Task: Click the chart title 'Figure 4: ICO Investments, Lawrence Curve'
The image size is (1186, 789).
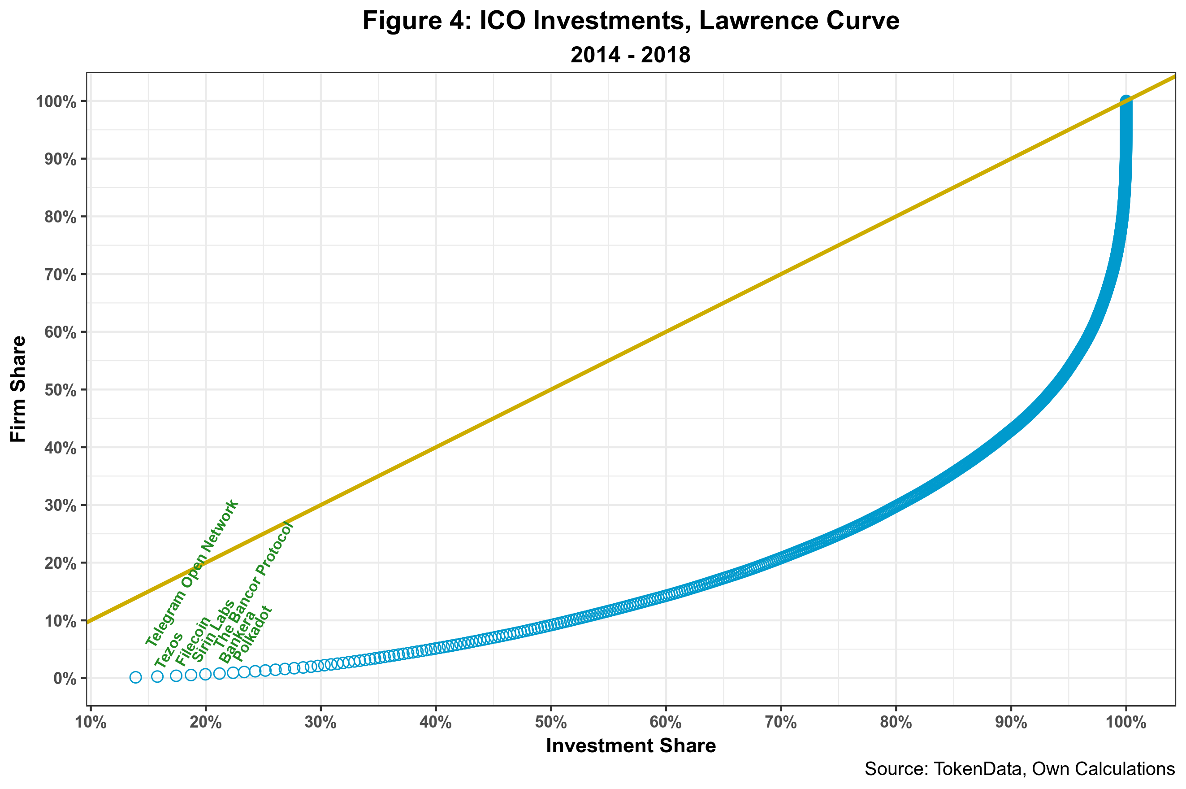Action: tap(631, 21)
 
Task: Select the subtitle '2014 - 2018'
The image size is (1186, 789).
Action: tap(631, 55)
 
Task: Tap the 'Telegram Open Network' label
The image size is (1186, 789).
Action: tap(191, 573)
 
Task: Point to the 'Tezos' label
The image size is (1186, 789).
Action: tap(169, 650)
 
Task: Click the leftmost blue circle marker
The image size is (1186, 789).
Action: tap(135, 677)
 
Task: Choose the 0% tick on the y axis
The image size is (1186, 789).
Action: tap(65, 679)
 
